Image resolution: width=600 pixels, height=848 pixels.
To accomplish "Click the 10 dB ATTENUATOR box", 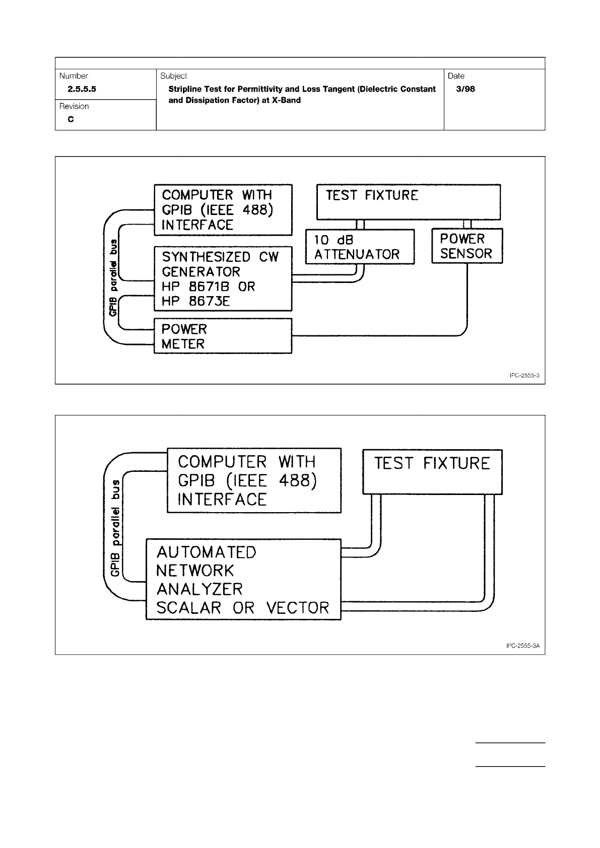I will click(x=360, y=247).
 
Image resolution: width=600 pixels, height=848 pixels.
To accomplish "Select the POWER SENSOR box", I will click(x=466, y=246).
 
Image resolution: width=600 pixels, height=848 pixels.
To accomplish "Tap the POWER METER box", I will click(x=222, y=336).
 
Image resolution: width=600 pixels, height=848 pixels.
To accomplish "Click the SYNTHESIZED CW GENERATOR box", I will click(x=222, y=278).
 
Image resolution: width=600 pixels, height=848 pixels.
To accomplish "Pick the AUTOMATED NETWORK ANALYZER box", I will click(x=243, y=580).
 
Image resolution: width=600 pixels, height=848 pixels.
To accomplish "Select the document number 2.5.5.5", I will click(x=78, y=89).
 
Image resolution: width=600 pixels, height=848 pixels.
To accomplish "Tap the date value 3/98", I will click(x=465, y=89).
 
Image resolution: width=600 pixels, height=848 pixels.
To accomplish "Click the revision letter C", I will click(x=71, y=120).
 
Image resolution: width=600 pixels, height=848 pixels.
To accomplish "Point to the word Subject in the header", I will click(x=173, y=76).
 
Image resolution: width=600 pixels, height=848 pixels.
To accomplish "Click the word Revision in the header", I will click(x=74, y=106).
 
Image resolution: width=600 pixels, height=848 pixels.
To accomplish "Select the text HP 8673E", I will click(x=195, y=302).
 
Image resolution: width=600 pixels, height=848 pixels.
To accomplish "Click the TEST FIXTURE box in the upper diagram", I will click(x=408, y=202).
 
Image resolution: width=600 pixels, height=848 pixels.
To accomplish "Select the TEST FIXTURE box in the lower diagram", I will click(x=432, y=472).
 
